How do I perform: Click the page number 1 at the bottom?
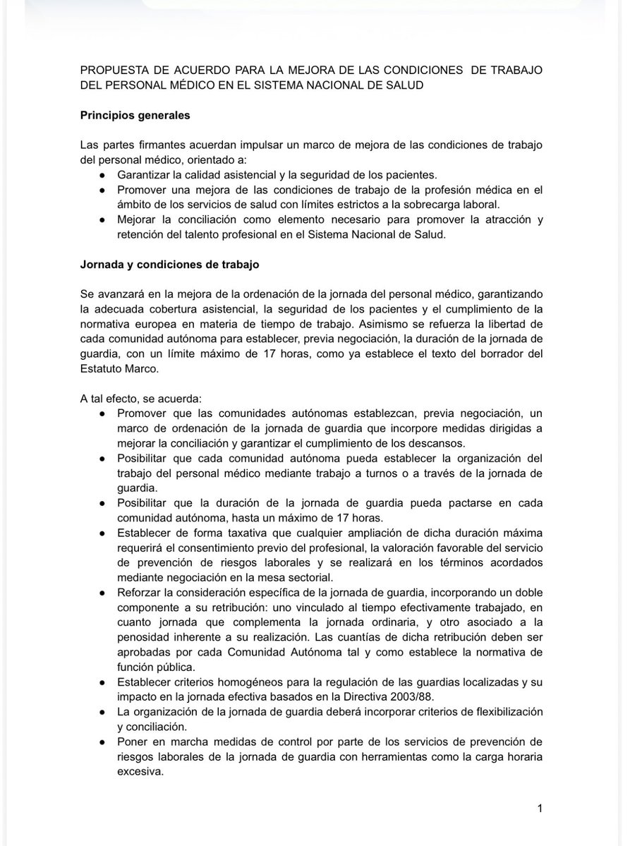click(540, 809)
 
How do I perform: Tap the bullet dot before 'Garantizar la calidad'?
click(103, 175)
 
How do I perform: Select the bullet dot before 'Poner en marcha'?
click(103, 743)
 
